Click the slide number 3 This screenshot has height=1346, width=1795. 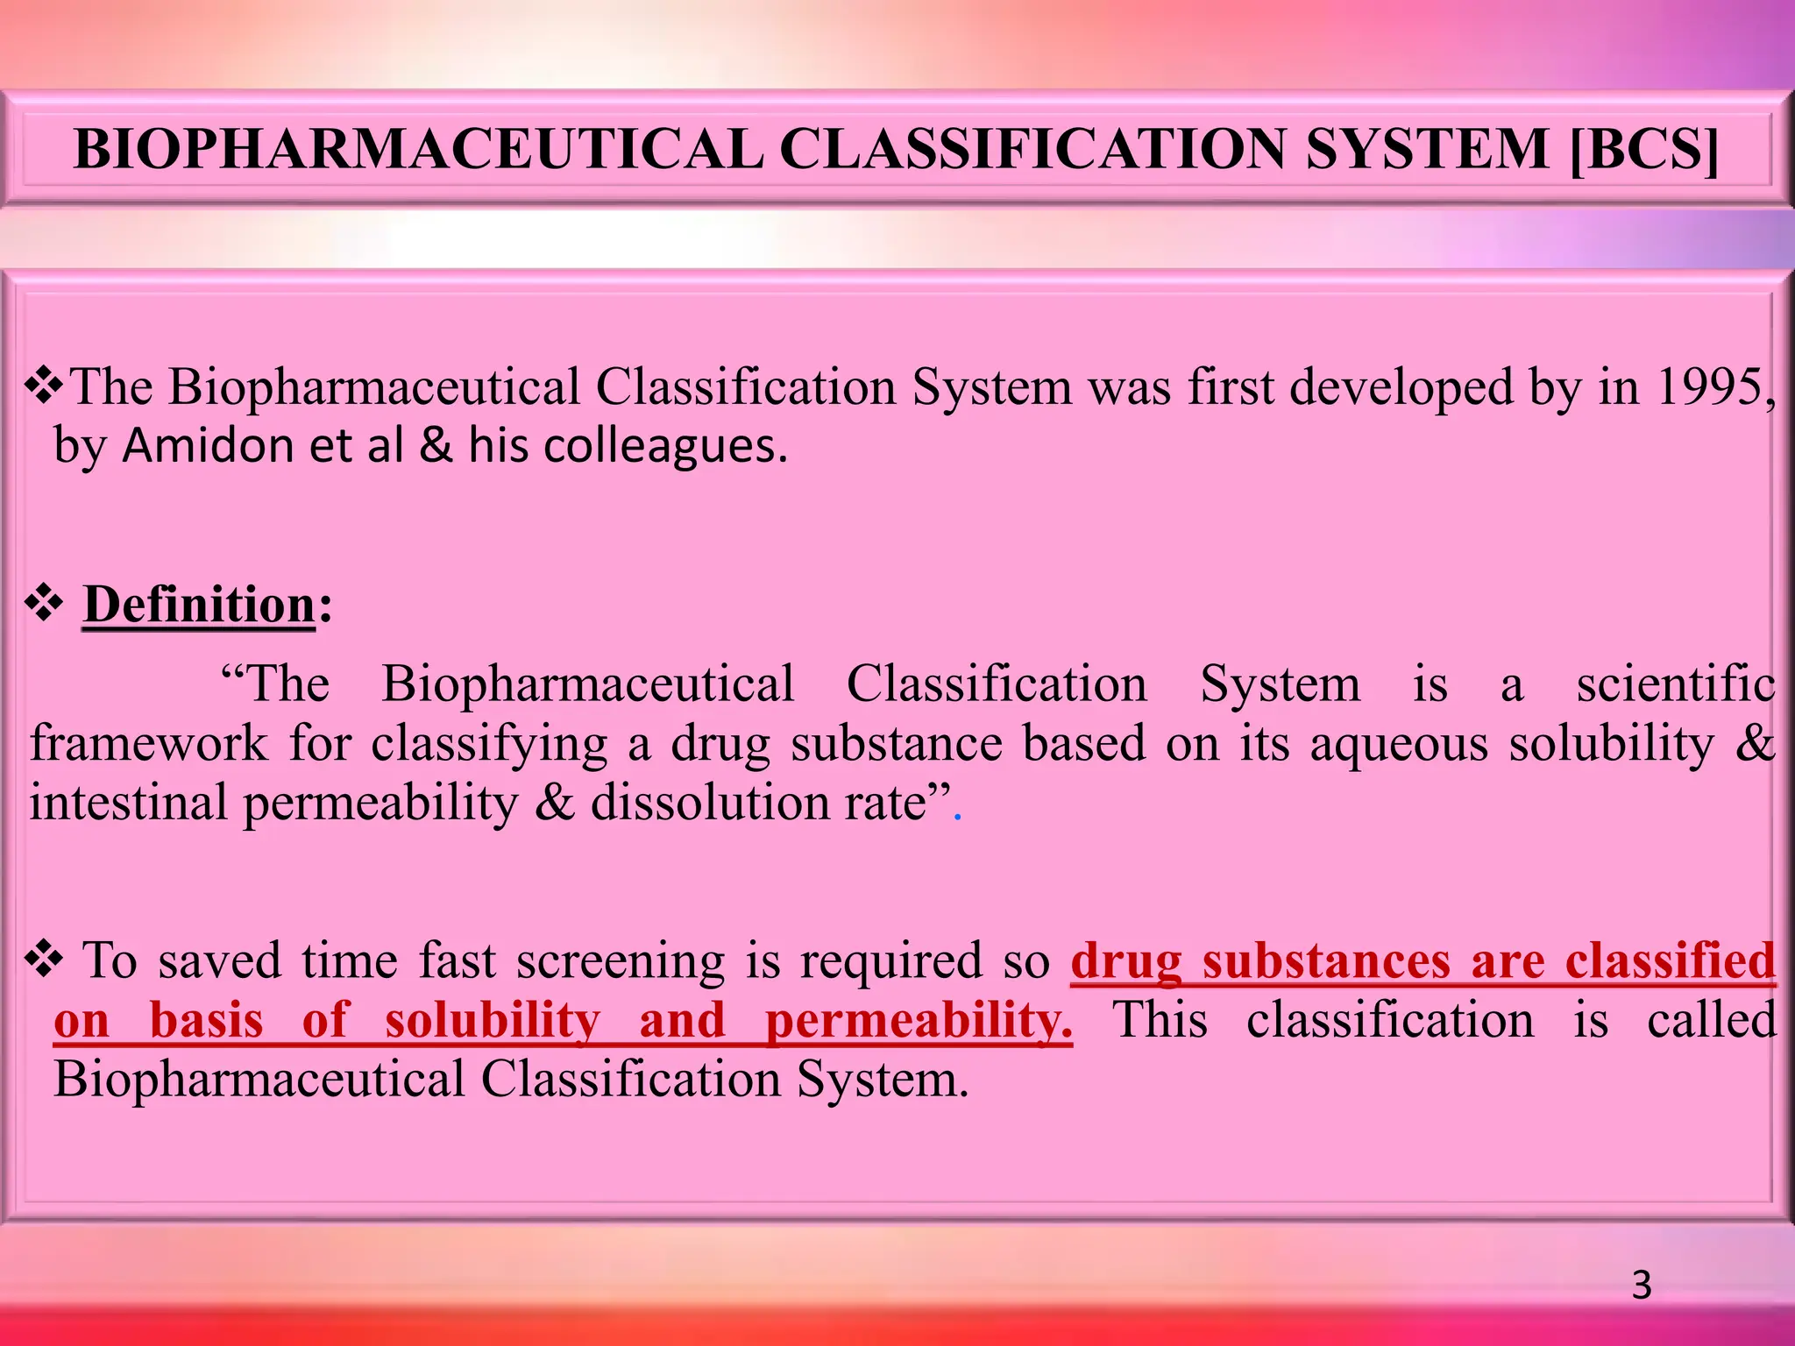[1642, 1286]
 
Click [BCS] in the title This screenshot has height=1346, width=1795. [1643, 150]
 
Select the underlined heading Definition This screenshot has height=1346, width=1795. [199, 605]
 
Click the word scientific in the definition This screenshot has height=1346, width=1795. [1675, 684]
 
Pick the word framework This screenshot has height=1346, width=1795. [149, 744]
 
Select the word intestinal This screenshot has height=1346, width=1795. [129, 803]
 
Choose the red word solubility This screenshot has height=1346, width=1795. [493, 1021]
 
